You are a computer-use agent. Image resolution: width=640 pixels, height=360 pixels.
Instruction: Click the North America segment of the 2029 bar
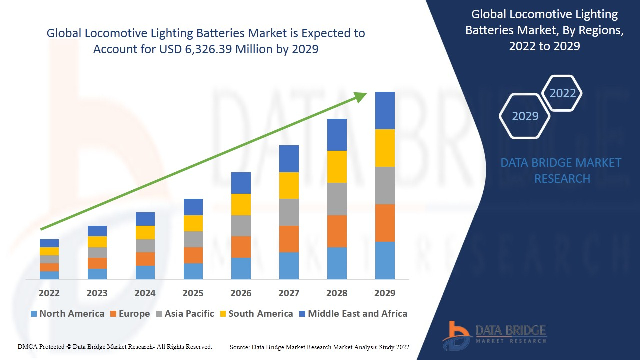[x=385, y=260]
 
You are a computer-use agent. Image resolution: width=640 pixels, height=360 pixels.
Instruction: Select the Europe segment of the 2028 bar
[x=337, y=231]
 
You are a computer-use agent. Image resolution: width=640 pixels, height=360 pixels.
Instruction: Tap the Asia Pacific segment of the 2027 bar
[x=289, y=212]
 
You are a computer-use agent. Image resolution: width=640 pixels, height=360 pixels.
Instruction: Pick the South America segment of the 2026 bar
[x=241, y=204]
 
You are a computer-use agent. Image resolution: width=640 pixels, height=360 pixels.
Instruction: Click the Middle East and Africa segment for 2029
[x=385, y=110]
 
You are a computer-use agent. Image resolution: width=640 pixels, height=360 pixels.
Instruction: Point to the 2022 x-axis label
[x=49, y=293]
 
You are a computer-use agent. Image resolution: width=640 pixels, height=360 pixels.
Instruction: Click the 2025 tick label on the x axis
[x=193, y=293]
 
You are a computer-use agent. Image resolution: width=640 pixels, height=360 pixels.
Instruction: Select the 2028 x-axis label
[x=337, y=293]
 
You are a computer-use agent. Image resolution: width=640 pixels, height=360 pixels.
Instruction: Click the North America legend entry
[x=67, y=314]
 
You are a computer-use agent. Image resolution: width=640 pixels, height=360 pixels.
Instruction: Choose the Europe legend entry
[x=129, y=314]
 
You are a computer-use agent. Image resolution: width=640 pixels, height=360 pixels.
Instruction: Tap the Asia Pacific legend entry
[x=185, y=314]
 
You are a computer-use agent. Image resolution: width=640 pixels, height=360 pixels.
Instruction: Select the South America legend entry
[x=256, y=314]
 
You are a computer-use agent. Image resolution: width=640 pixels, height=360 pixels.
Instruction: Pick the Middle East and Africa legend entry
[x=353, y=314]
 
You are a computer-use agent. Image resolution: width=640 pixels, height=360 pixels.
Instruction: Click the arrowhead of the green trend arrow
[x=361, y=96]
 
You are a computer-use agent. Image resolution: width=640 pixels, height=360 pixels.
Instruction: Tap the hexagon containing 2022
[x=562, y=93]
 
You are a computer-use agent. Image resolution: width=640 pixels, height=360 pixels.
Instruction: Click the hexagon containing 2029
[x=525, y=116]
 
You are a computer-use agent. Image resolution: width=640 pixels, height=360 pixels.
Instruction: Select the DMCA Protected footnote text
[x=115, y=346]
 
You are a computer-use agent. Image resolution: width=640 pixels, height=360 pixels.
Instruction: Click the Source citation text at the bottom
[x=319, y=347]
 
